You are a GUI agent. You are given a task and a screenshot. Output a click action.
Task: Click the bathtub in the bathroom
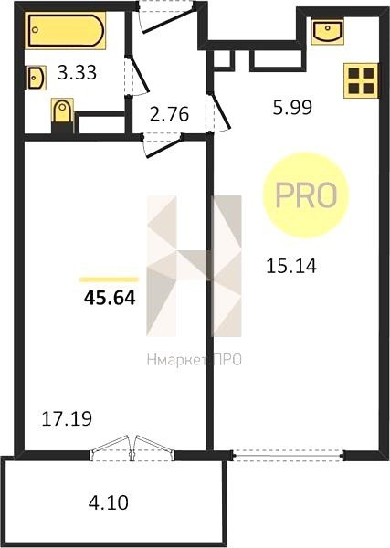[66, 30]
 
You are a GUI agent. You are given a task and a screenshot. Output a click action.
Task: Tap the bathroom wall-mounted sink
[37, 78]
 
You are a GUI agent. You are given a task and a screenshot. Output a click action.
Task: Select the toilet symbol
[62, 115]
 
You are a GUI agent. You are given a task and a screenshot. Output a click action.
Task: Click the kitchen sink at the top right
[327, 31]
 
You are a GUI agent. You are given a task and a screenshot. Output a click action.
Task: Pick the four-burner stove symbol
[362, 80]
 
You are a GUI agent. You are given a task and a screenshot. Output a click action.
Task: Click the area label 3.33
[77, 73]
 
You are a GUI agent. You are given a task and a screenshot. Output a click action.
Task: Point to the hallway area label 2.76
[170, 114]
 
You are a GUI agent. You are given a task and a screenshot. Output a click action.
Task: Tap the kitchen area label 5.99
[292, 107]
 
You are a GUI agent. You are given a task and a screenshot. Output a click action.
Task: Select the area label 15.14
[291, 266]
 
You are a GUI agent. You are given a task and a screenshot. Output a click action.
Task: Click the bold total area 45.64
[110, 298]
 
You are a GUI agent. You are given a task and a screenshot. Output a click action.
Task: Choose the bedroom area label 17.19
[67, 418]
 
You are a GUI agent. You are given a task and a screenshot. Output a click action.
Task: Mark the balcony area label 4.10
[109, 502]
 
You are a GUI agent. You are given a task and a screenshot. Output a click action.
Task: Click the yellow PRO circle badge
[307, 195]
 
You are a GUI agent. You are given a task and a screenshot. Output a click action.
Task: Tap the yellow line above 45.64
[109, 279]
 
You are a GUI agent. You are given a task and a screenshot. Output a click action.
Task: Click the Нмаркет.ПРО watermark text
[195, 360]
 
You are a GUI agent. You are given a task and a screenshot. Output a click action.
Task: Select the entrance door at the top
[167, 16]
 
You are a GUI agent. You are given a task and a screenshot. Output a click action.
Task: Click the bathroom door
[136, 75]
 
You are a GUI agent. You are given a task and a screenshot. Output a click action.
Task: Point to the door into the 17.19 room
[163, 144]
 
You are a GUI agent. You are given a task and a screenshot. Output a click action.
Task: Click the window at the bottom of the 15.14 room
[288, 456]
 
